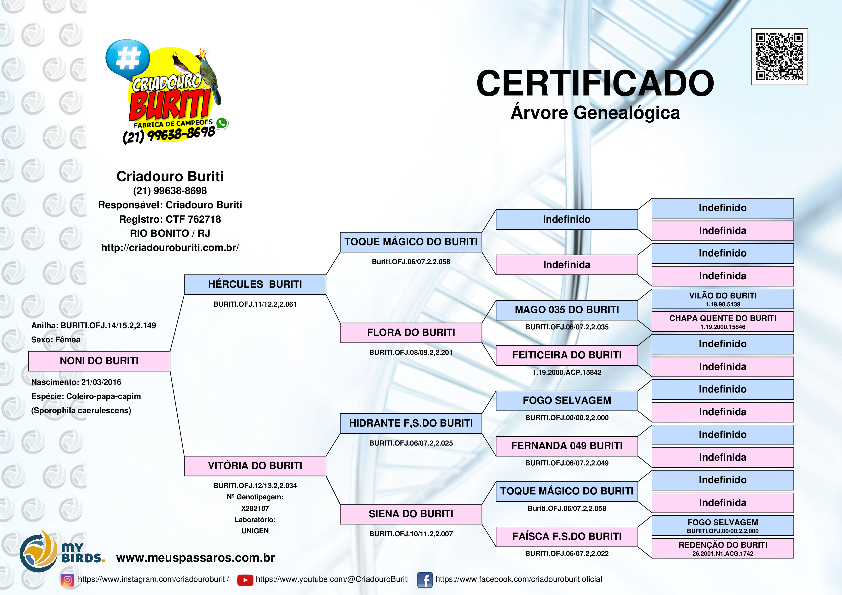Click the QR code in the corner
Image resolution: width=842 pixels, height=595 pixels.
pos(779,56)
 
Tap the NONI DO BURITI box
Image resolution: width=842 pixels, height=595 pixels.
pos(99,361)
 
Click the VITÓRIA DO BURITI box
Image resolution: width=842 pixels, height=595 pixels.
pos(255,466)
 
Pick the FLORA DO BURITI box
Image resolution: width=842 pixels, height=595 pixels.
pos(411,333)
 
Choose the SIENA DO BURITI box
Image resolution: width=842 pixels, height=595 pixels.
pos(411,514)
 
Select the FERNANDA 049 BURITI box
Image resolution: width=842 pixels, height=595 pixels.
pos(567,446)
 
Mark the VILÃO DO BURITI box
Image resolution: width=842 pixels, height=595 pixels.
pos(722,299)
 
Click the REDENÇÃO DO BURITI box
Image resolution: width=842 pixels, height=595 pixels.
pos(722,548)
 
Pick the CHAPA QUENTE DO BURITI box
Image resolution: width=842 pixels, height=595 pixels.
pos(722,321)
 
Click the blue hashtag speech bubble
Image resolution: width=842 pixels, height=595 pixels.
pos(128,59)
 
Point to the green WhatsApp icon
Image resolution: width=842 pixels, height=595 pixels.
pos(222,123)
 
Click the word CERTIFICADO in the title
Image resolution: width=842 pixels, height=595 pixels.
pos(595,83)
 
